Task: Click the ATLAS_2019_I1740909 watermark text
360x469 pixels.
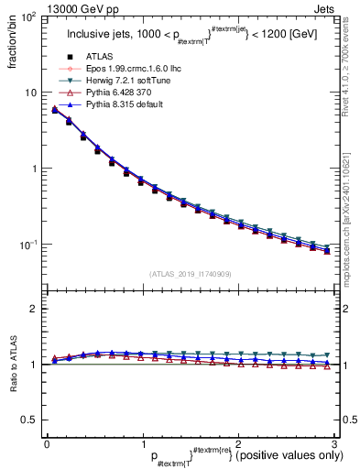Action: (x=190, y=272)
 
